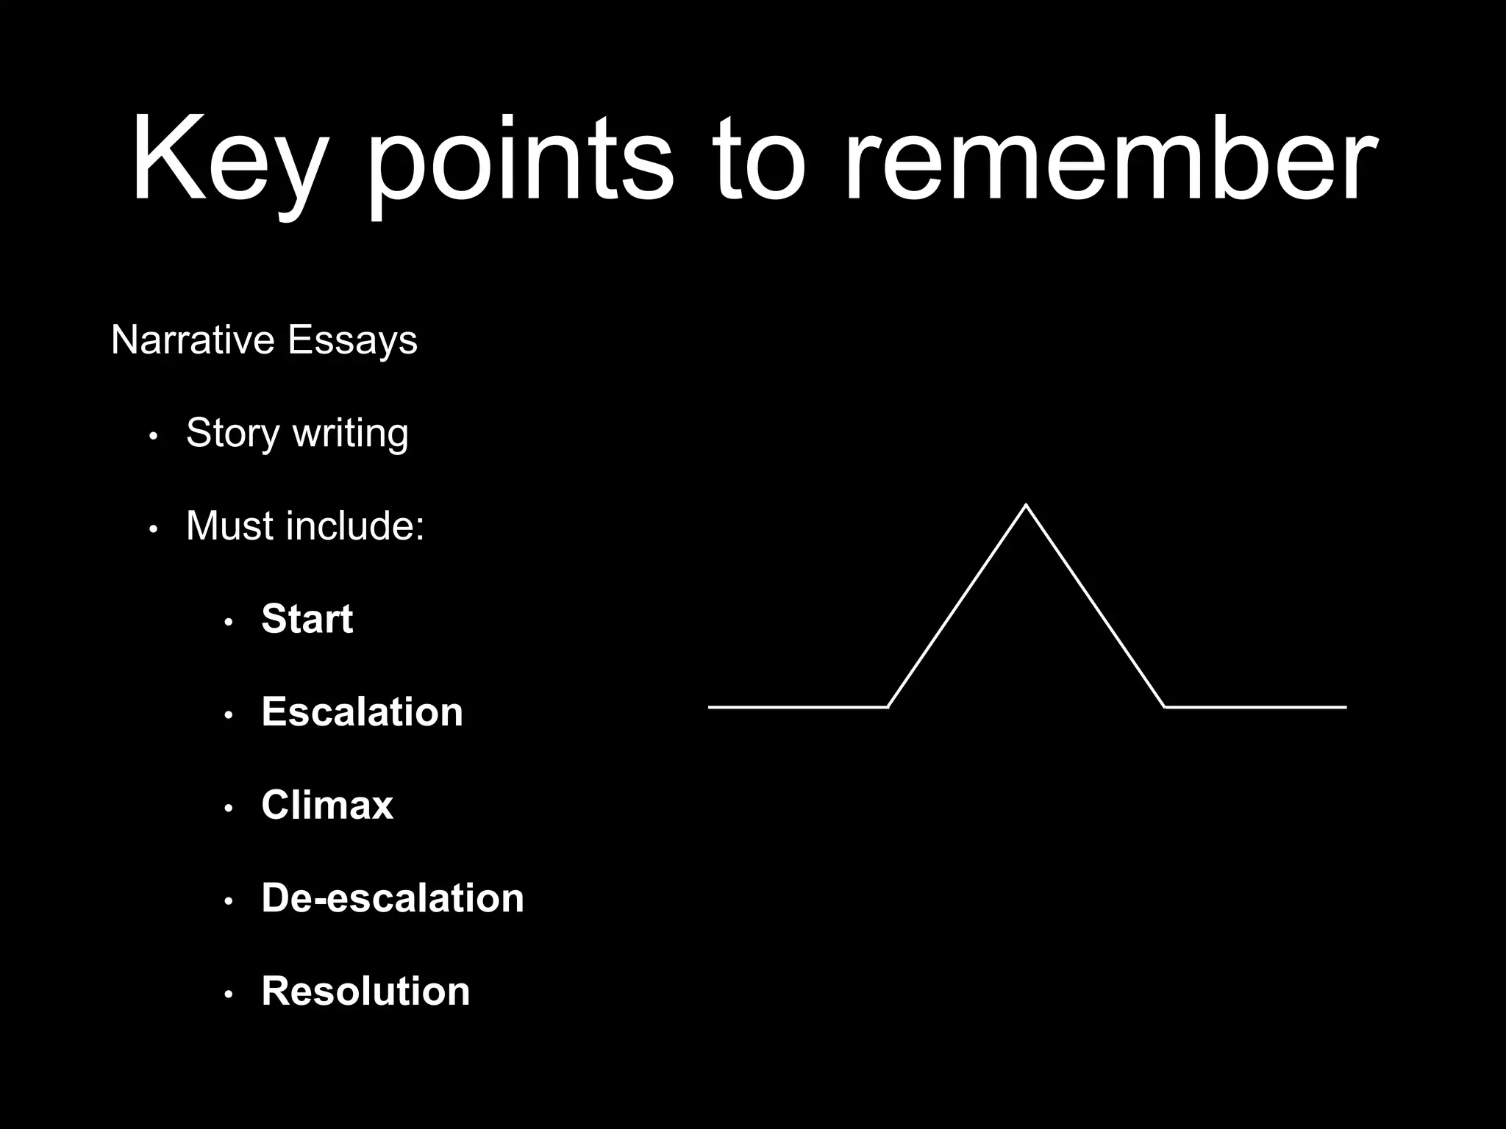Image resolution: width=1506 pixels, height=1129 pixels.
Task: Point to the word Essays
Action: [x=352, y=340]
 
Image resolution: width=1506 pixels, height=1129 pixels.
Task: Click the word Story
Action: [x=232, y=434]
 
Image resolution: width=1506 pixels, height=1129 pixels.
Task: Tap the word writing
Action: [x=350, y=434]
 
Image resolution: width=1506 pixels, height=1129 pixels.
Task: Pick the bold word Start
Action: [x=307, y=619]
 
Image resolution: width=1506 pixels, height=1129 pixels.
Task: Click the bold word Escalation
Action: [x=362, y=712]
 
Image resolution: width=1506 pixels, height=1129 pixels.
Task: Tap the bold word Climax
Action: [x=327, y=805]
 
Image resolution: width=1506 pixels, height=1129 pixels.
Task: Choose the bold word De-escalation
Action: [x=393, y=897]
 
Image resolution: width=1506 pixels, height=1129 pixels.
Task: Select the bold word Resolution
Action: [x=365, y=991]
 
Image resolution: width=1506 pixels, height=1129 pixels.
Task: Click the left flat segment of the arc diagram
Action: [x=798, y=707]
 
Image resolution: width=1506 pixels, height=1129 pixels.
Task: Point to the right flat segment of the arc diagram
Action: [x=1256, y=707]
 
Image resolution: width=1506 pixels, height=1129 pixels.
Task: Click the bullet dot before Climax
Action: [x=229, y=809]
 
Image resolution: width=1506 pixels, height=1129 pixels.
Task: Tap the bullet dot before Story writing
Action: [x=153, y=437]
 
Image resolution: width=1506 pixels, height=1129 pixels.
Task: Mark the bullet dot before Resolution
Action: [x=229, y=994]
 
